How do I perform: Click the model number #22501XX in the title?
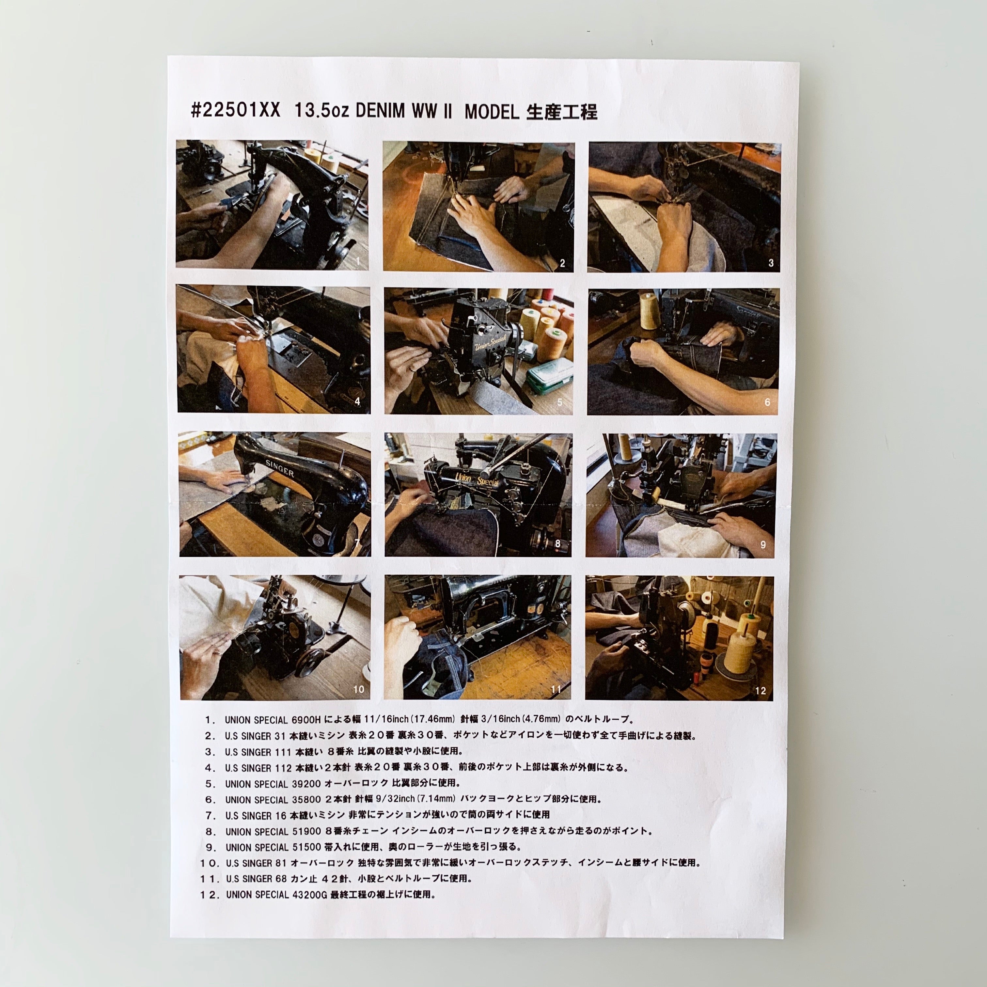[x=236, y=110]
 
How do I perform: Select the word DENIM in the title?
[x=380, y=111]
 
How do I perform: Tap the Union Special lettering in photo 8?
[x=477, y=479]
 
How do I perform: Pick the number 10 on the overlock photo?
[x=359, y=689]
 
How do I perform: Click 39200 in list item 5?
[x=306, y=784]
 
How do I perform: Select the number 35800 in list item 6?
[x=306, y=800]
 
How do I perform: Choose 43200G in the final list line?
[x=310, y=895]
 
